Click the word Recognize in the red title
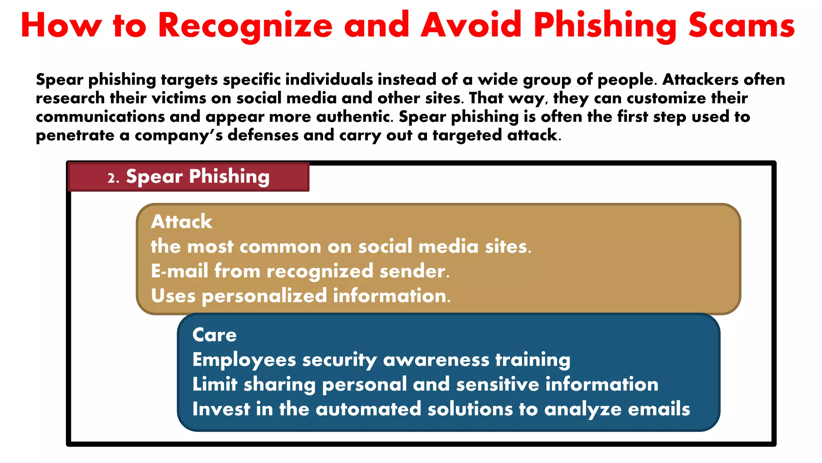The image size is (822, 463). [245, 26]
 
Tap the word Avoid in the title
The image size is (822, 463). [471, 25]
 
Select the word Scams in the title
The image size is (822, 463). [741, 25]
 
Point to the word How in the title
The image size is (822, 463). [61, 25]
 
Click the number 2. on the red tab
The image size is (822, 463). [114, 178]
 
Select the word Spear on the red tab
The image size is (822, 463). [155, 176]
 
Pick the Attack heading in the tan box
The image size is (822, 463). [181, 221]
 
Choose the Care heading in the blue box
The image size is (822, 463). [214, 335]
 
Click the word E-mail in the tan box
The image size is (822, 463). [179, 271]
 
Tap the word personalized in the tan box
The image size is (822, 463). [265, 296]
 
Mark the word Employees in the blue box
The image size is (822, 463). [244, 360]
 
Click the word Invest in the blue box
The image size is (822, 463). [221, 409]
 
